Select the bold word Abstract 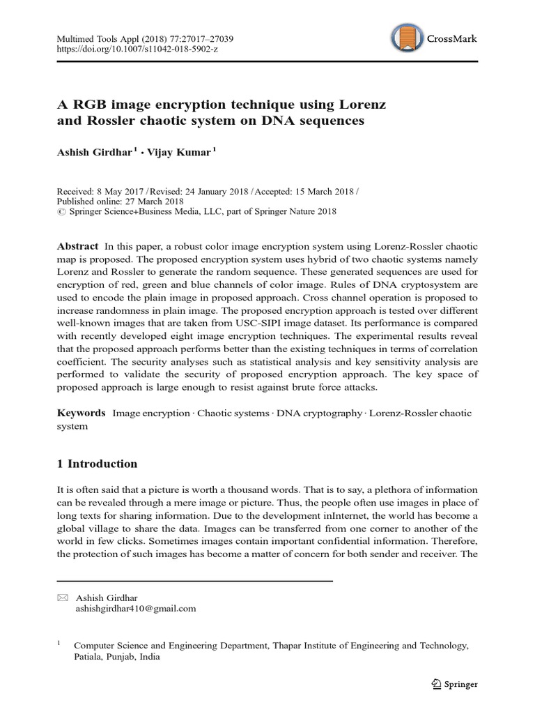(x=78, y=247)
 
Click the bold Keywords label (x=81, y=413)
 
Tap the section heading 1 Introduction (x=97, y=464)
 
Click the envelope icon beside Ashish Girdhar (x=62, y=598)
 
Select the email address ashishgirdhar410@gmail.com (x=135, y=608)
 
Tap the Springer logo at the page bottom (x=453, y=684)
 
